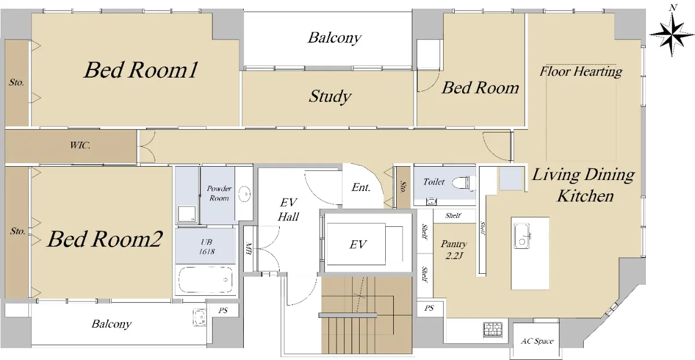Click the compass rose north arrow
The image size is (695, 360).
[x=672, y=34]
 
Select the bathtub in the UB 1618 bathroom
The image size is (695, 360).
[x=206, y=280]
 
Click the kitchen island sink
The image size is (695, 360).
[x=522, y=236]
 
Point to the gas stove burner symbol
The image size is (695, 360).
[x=493, y=329]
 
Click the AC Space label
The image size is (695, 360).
[x=537, y=341]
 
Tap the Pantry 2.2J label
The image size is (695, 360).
[x=454, y=249]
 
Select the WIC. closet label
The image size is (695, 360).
[x=80, y=145]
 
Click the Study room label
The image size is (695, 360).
[x=330, y=96]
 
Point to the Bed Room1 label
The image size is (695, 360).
[x=141, y=70]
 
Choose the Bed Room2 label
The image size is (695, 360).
[x=105, y=239]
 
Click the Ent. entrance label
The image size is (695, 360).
[x=361, y=188]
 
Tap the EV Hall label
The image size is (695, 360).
[x=288, y=210]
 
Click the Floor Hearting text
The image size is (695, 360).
[x=581, y=71]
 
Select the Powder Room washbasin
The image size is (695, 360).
[x=244, y=194]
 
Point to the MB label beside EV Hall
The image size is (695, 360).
[x=248, y=248]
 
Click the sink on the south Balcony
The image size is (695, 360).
[x=199, y=317]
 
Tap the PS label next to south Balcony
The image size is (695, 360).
[x=223, y=310]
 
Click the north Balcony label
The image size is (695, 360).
[x=335, y=38]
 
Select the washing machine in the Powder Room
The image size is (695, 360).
[x=186, y=214]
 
